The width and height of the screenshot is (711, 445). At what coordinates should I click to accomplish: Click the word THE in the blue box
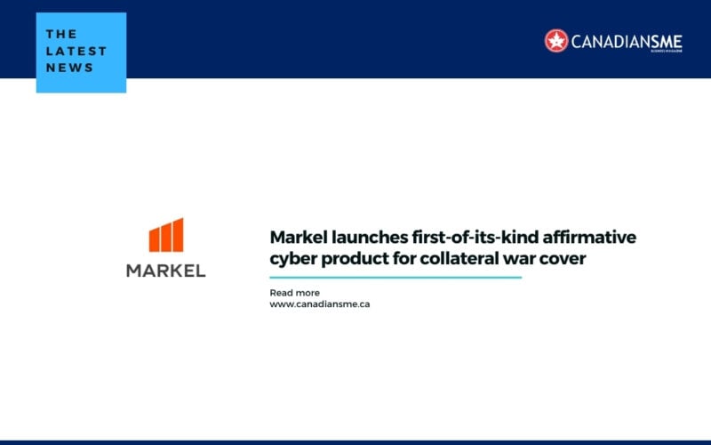click(x=61, y=34)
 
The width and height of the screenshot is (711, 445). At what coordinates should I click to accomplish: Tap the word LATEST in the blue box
click(x=76, y=51)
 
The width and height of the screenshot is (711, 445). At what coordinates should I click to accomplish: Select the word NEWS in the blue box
click(x=69, y=68)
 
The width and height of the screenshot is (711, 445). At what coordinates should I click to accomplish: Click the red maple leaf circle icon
click(x=556, y=40)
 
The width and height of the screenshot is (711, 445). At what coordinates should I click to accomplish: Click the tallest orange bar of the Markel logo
click(x=179, y=235)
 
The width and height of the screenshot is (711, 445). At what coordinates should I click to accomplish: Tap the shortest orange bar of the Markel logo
click(x=154, y=239)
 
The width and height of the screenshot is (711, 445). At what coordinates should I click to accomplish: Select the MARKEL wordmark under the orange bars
click(x=165, y=271)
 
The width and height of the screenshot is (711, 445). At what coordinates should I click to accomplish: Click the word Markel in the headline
click(x=298, y=238)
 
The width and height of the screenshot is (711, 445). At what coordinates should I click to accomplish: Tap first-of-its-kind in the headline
click(x=475, y=238)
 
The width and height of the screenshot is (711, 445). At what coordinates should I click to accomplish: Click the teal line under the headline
click(x=395, y=278)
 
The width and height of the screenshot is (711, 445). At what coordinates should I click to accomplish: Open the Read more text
click(x=294, y=293)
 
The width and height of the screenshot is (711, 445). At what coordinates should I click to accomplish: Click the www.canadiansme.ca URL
click(x=319, y=304)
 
